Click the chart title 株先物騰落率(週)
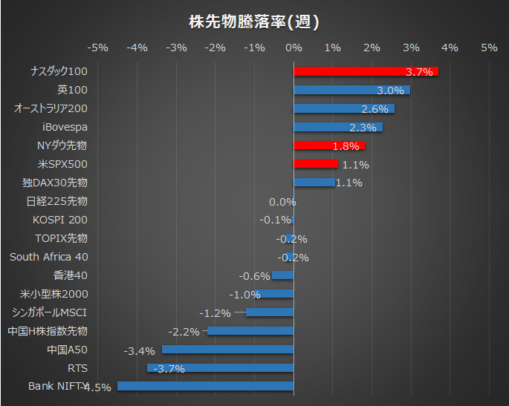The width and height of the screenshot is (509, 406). point(254,22)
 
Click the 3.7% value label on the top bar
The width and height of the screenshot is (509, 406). point(419,72)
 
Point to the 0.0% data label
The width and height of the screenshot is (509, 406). point(282,202)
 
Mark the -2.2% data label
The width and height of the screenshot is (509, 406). point(184,332)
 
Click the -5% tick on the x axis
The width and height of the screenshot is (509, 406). point(98,48)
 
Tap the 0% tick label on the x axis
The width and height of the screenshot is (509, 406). point(294,48)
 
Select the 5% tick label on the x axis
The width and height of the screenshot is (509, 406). point(488,48)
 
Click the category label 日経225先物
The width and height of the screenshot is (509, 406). point(56,201)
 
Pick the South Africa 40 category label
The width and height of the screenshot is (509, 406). point(48,257)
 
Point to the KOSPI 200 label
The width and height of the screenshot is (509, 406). point(59,220)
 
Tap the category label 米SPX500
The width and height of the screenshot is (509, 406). point(62,164)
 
